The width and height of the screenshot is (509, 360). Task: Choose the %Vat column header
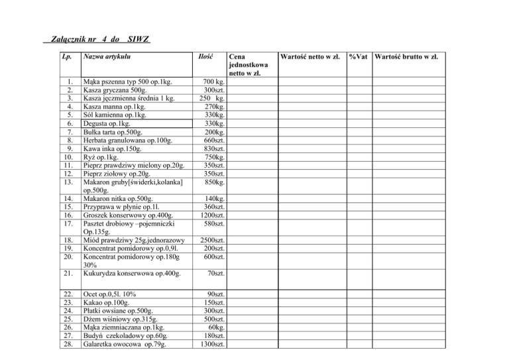pyautogui.click(x=360, y=58)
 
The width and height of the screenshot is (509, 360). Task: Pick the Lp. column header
pyautogui.click(x=66, y=58)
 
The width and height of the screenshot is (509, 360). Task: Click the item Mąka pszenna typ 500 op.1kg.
pyautogui.click(x=125, y=82)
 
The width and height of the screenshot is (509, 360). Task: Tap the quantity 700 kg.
pyautogui.click(x=211, y=82)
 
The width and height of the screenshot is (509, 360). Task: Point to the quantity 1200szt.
pyautogui.click(x=209, y=215)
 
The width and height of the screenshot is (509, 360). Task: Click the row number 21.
pyautogui.click(x=66, y=272)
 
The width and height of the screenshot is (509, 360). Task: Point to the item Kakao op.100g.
pyautogui.click(x=103, y=302)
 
